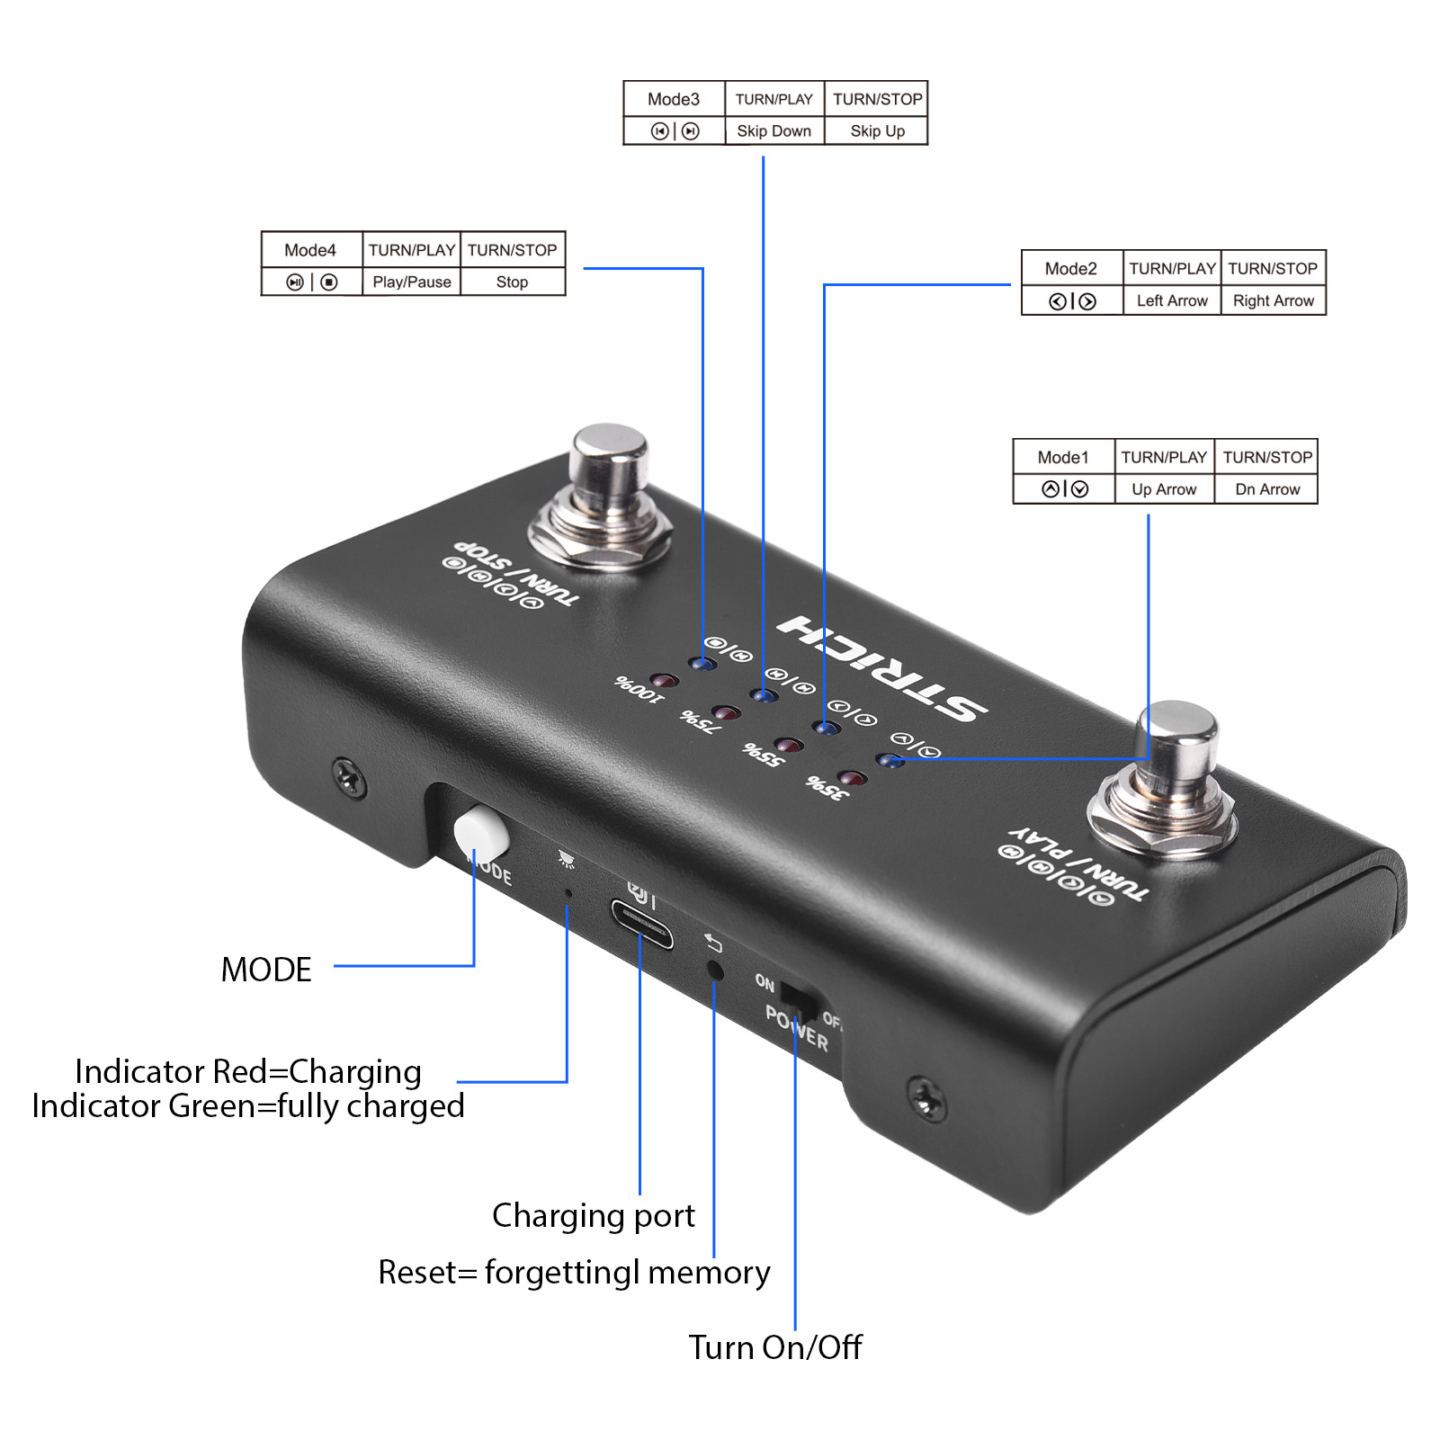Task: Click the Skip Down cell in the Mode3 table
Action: (774, 131)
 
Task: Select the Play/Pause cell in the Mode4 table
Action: (412, 282)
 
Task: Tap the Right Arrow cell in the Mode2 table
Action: (1273, 301)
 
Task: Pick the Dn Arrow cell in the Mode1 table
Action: (1266, 490)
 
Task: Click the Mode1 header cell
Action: (1063, 458)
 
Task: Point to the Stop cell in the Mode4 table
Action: (512, 282)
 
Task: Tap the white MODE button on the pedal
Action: (481, 831)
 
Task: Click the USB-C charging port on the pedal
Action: (641, 924)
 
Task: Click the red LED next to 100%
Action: (664, 680)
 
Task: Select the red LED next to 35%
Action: (851, 778)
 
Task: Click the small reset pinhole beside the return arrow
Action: (715, 970)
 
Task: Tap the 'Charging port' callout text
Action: (593, 1216)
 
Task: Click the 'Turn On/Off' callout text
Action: (774, 1347)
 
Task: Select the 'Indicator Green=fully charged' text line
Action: (248, 1106)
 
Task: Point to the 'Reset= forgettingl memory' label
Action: (574, 1273)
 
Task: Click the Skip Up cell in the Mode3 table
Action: (877, 131)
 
